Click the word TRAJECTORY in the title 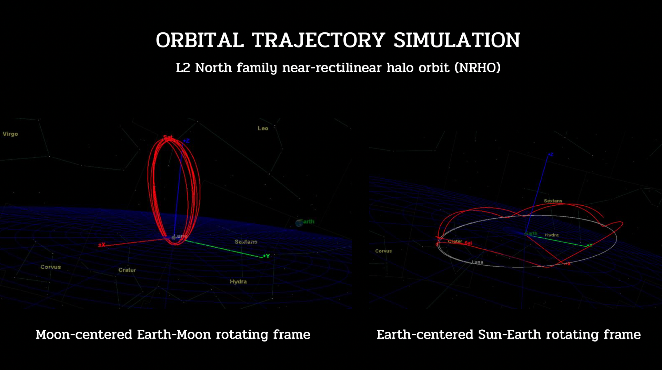318,40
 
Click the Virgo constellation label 10,134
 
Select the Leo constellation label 263,129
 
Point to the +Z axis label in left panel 187,141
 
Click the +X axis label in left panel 101,245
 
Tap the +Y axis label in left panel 266,256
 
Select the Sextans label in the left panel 246,242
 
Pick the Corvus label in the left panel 50,267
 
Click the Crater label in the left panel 127,270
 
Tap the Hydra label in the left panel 238,282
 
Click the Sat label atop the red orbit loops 168,137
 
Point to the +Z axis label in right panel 551,154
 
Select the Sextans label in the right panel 553,201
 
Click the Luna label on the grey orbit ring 477,262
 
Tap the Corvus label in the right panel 383,251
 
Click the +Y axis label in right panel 590,245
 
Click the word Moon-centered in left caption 84,335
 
